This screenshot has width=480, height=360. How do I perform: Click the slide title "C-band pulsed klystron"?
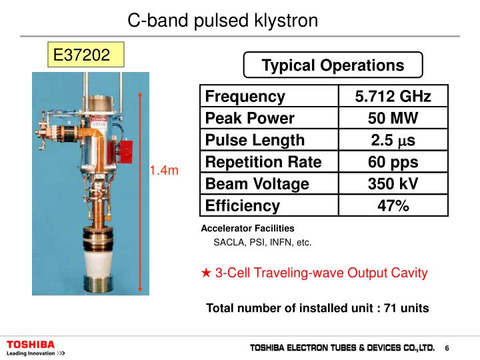pos(223,21)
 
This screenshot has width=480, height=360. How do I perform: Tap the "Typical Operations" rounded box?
pos(333,65)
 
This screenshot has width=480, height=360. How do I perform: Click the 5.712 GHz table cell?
pos(393,97)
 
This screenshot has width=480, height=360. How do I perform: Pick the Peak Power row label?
pos(249,119)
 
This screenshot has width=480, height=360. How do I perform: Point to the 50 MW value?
pos(393,119)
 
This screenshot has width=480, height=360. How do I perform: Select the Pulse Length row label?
pos(255,140)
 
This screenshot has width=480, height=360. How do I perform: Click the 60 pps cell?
pos(393,162)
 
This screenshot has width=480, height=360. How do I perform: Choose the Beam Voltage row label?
pos(257,183)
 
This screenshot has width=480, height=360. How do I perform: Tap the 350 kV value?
pos(393,183)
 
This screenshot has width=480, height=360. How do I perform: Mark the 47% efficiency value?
pos(393,205)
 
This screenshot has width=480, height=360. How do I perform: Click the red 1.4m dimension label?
pos(164,171)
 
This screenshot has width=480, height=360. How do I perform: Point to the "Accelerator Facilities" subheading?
pos(247,228)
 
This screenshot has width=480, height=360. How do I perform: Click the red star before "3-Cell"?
pos(207,273)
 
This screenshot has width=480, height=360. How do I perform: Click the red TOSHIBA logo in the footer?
pos(31,344)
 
